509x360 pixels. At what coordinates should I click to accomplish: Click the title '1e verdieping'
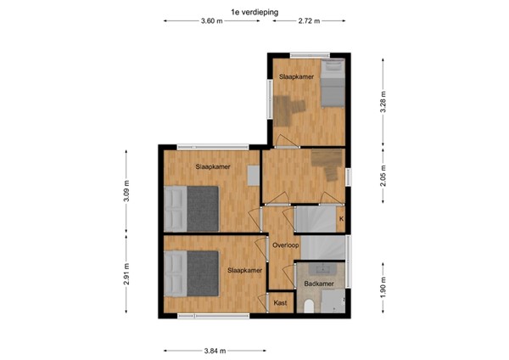tap(254, 11)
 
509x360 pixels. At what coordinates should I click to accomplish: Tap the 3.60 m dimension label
tap(213, 22)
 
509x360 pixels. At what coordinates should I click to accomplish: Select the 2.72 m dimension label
tap(309, 22)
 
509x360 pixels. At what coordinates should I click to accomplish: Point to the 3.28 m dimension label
tap(383, 104)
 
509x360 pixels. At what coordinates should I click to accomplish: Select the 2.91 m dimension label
tap(126, 275)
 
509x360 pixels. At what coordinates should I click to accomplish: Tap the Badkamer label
tap(313, 284)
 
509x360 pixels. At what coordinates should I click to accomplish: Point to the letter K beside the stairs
tap(341, 219)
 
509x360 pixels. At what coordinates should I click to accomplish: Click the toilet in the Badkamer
tap(310, 304)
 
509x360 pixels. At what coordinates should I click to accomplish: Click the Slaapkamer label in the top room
tap(296, 76)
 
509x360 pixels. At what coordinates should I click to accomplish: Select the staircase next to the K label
tap(316, 218)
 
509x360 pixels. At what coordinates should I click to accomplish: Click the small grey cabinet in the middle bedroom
tap(253, 174)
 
